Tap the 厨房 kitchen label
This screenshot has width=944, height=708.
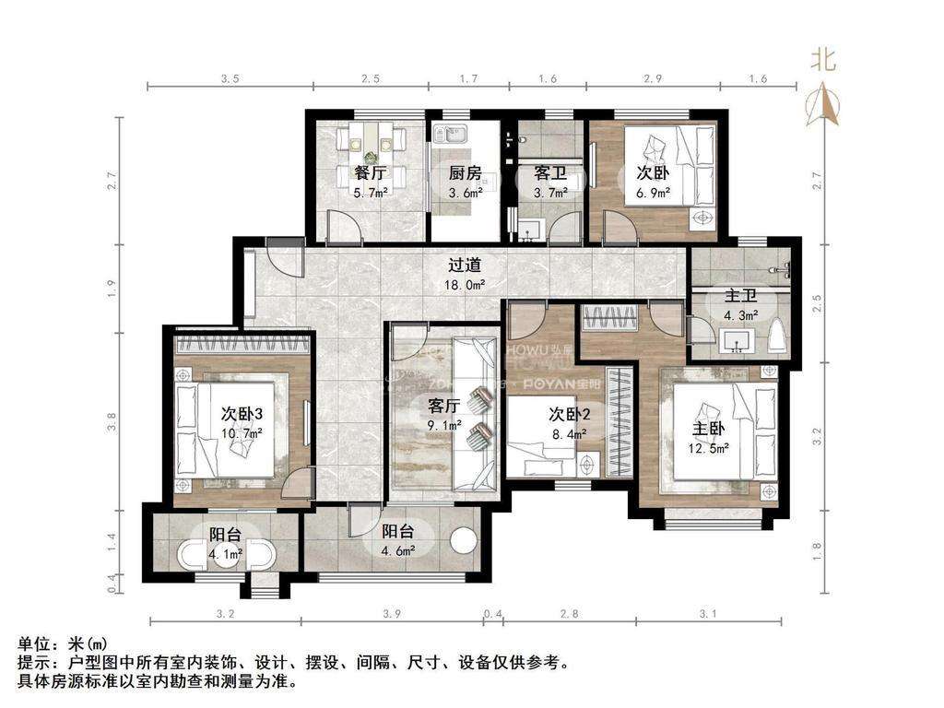[x=465, y=172]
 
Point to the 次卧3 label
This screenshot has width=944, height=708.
[x=241, y=413]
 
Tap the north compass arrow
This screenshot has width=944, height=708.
[x=824, y=103]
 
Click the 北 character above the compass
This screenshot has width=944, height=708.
[x=823, y=61]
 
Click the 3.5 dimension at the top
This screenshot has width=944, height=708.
[x=230, y=79]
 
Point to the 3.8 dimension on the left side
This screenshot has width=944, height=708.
[x=112, y=421]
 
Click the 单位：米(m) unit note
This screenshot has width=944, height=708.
[x=56, y=643]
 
